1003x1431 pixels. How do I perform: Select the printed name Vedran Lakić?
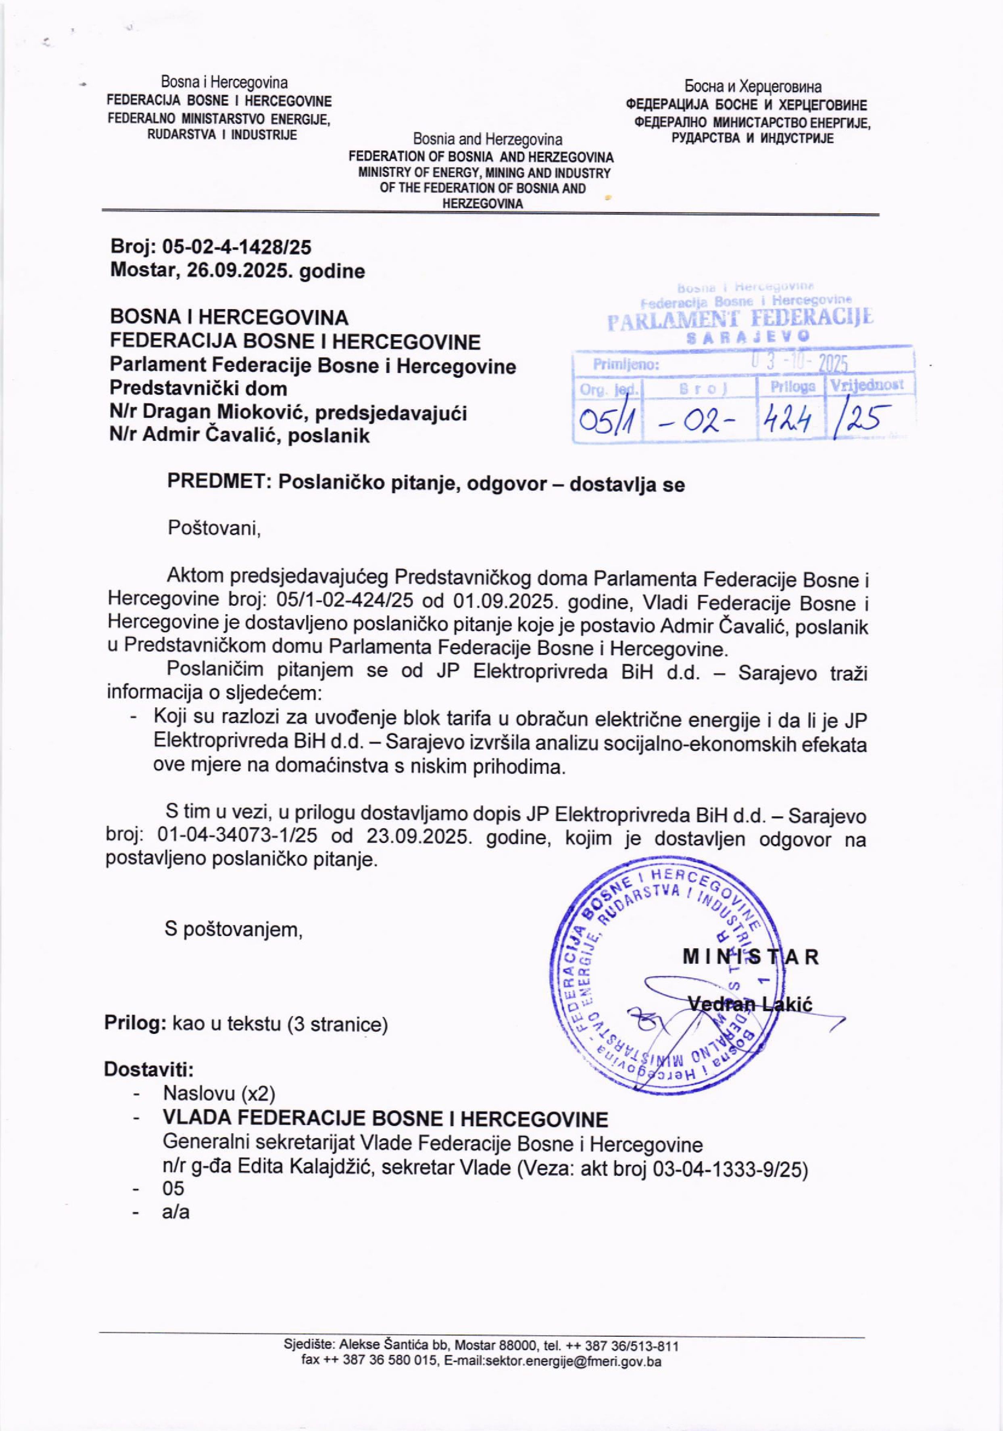[x=750, y=1004]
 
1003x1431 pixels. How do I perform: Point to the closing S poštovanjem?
[x=234, y=930]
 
